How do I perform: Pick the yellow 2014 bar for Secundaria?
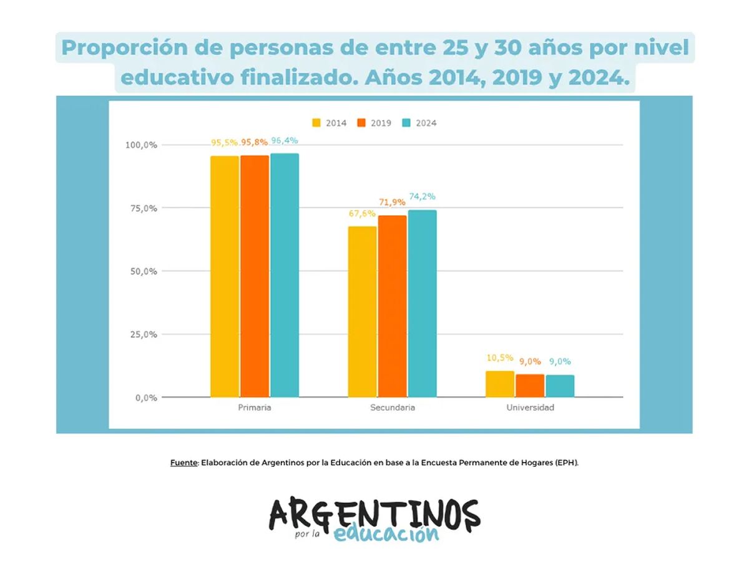(363, 312)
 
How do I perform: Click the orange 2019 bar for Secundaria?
(392, 306)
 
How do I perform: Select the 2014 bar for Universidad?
(500, 384)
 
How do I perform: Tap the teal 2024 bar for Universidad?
(560, 386)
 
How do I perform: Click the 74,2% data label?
(422, 196)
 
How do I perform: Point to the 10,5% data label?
(500, 358)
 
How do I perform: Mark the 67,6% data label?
(362, 213)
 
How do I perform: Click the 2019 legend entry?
(374, 123)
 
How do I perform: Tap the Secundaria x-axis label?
(392, 408)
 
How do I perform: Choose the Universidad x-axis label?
(530, 408)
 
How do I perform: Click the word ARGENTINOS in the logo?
(374, 513)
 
